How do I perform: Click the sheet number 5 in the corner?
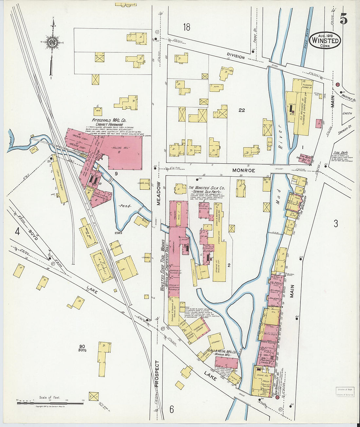coord(343,19)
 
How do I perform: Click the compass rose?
coord(52,43)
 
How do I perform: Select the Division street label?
coord(236,57)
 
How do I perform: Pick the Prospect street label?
coord(157,374)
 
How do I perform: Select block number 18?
coord(187,27)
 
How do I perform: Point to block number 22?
coord(242,110)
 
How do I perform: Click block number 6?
coord(171,409)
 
